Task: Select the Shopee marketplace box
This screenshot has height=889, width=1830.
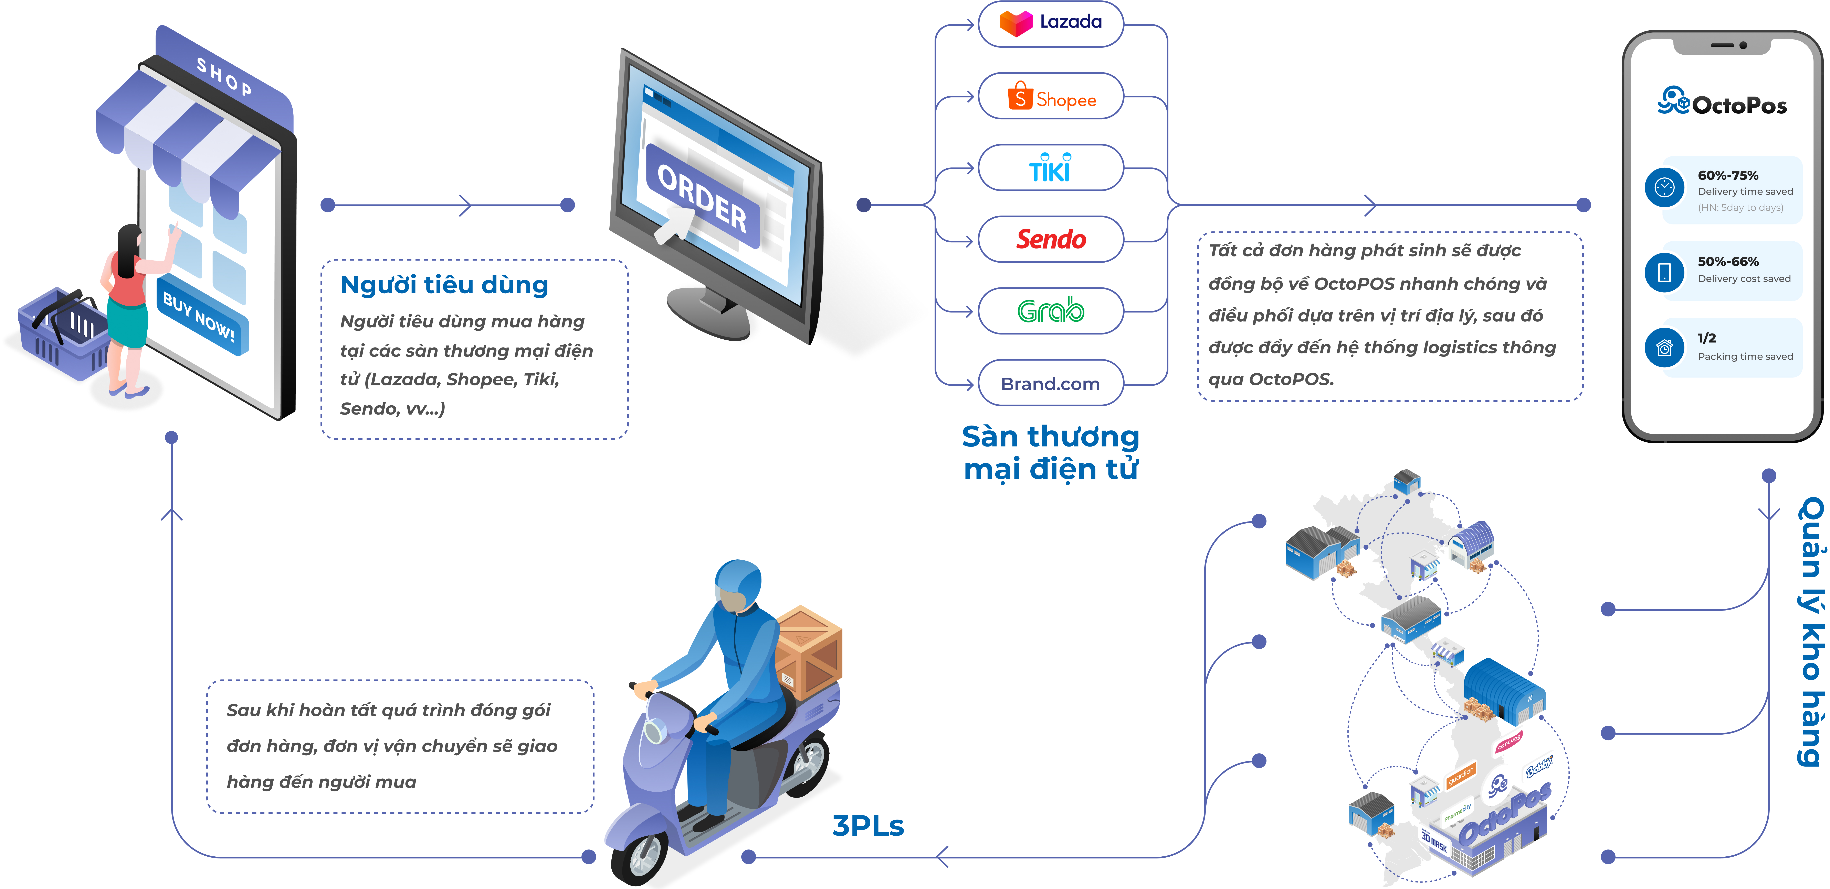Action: tap(1051, 97)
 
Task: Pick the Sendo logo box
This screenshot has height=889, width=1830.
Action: tap(1051, 239)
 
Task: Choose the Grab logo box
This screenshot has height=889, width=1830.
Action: tap(1051, 311)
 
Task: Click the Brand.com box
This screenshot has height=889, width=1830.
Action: tap(1051, 383)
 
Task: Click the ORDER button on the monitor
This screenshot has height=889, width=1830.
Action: tap(702, 199)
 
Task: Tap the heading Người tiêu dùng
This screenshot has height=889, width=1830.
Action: tap(445, 285)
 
